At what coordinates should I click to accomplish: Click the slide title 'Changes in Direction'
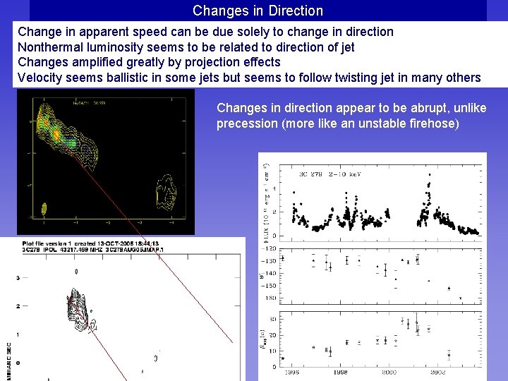pyautogui.click(x=258, y=11)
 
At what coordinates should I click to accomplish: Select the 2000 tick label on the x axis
pyautogui.click(x=389, y=373)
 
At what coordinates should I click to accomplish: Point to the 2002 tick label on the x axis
pyautogui.click(x=438, y=373)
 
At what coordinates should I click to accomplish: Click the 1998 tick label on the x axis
pyautogui.click(x=340, y=373)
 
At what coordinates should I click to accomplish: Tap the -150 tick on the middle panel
pyautogui.click(x=272, y=286)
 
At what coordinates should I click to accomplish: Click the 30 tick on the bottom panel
pyautogui.click(x=273, y=319)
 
